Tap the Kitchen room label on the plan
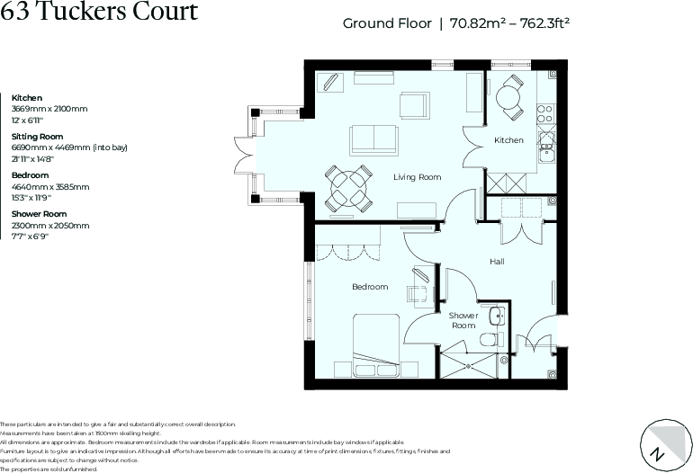point(508,140)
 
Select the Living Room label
point(417,177)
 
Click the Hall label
point(497,262)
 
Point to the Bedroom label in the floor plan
point(370,287)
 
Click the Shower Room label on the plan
point(463,320)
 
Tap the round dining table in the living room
point(348,189)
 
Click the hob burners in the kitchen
point(544,113)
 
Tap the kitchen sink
point(545,148)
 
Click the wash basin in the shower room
point(497,316)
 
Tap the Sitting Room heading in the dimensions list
point(37,137)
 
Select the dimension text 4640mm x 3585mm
point(50,186)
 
